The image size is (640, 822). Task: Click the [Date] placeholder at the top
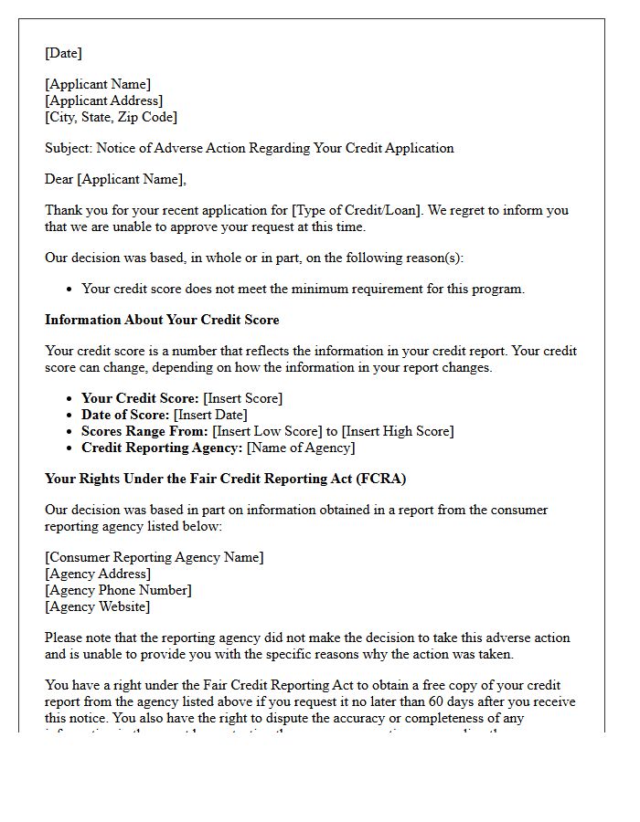(63, 53)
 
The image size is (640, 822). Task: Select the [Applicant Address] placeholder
(103, 100)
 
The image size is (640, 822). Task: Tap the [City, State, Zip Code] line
(111, 117)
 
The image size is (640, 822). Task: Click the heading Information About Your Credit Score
(162, 320)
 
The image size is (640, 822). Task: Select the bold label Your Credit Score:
(140, 398)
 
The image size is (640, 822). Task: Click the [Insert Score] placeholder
(242, 398)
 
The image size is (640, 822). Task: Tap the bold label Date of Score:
(125, 415)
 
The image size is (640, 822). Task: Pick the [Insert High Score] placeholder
(398, 431)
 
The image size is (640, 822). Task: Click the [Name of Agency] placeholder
(300, 448)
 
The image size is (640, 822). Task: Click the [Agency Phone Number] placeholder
(118, 590)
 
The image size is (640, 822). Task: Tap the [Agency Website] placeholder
(98, 606)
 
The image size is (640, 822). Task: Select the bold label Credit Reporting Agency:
(162, 448)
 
